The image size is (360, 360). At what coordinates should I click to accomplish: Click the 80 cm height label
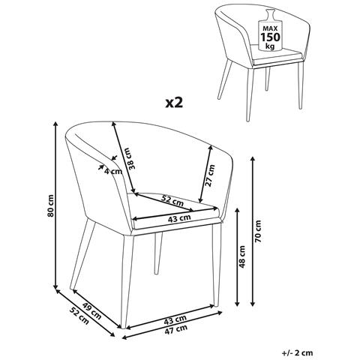click(51, 205)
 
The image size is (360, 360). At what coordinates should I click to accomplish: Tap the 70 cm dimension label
click(258, 231)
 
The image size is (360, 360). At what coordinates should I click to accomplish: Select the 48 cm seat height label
click(242, 256)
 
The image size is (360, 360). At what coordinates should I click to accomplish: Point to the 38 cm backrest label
click(130, 159)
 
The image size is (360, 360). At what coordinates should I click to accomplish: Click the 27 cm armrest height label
click(209, 175)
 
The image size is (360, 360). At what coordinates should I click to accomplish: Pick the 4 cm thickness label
click(113, 171)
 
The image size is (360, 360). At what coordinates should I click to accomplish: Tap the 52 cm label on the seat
click(172, 200)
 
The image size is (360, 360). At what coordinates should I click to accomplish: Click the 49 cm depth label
click(91, 311)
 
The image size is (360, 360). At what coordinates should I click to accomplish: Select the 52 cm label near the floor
click(79, 316)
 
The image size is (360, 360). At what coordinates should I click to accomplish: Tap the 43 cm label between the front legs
click(175, 320)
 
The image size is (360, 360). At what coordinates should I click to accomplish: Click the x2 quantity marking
click(174, 103)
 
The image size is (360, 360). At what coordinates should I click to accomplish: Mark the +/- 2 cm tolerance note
click(297, 352)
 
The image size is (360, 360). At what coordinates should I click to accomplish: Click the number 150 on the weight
click(270, 37)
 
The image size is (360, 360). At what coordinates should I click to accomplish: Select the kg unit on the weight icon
click(270, 46)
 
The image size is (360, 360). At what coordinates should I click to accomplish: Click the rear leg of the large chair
click(157, 253)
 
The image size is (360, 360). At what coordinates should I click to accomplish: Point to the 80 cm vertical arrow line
click(56, 205)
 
